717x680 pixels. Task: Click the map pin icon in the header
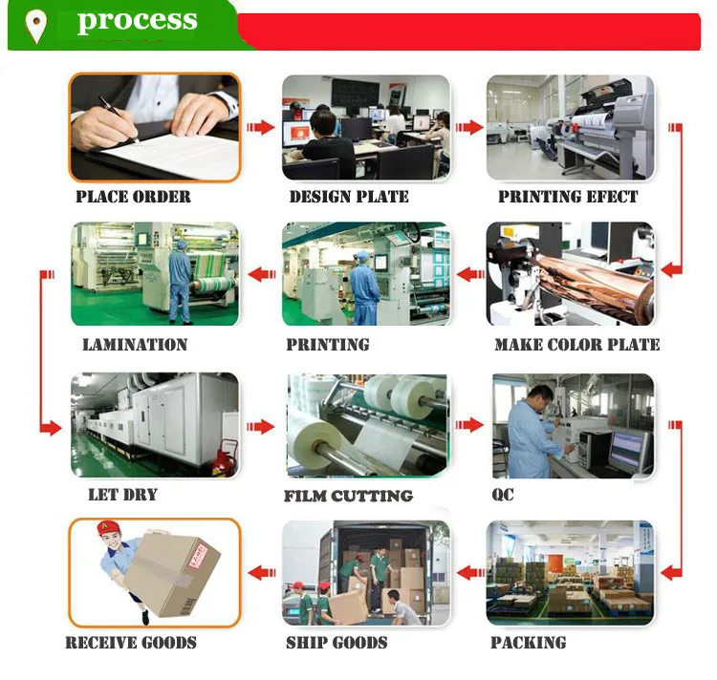(x=37, y=26)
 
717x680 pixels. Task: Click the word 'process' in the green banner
(x=137, y=21)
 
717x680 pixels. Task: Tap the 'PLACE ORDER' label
(x=133, y=197)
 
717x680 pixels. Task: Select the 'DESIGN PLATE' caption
(x=349, y=197)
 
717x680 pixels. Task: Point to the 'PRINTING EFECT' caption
(x=568, y=197)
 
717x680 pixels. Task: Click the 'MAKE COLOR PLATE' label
(x=577, y=344)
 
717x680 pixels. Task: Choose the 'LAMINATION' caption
(x=135, y=344)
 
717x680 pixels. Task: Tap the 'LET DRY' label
(x=122, y=494)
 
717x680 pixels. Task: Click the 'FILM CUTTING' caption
(x=348, y=496)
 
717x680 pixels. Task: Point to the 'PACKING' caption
(x=529, y=642)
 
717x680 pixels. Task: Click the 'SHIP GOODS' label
(x=337, y=642)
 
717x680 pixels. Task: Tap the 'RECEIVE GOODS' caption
(x=131, y=642)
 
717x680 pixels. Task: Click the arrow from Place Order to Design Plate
(x=260, y=127)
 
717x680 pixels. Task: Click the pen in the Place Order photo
(x=118, y=117)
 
